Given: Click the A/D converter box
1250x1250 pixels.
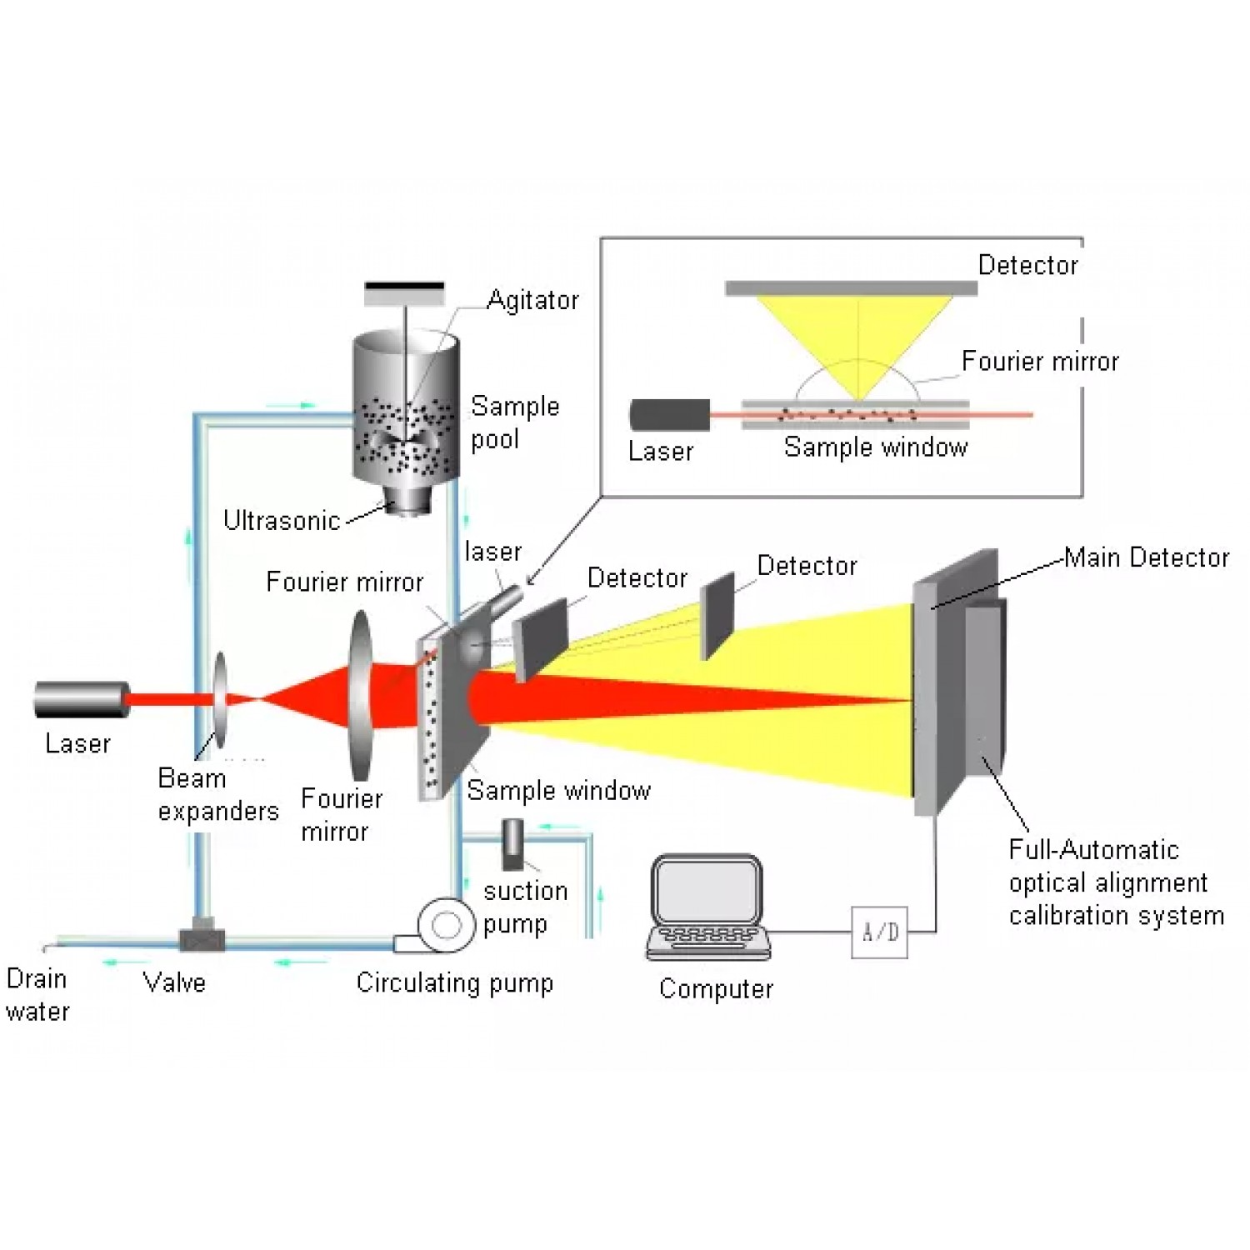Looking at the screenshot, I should [x=879, y=932].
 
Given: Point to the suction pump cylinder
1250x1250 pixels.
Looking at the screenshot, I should [x=512, y=843].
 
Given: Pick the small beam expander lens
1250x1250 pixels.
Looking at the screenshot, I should [x=220, y=699].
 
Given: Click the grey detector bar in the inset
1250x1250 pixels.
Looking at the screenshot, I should [x=851, y=288].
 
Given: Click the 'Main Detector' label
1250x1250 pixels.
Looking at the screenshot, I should [x=1147, y=557].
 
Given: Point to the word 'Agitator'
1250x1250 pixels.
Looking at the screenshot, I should [x=532, y=300].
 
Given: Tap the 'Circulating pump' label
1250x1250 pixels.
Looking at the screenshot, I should [x=454, y=983].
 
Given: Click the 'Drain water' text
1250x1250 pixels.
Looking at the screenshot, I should [x=37, y=995].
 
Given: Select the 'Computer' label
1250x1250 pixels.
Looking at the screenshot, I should [x=716, y=989].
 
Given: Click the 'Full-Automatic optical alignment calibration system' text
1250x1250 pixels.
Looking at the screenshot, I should [x=1116, y=882].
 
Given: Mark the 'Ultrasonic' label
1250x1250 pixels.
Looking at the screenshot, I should [x=282, y=521].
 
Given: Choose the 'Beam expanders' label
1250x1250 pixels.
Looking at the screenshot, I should [x=217, y=794].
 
